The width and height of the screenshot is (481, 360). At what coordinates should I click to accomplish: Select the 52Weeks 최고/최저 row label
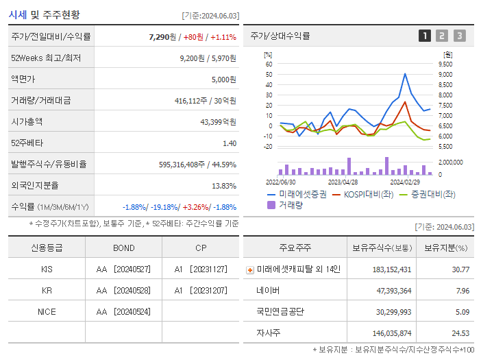click(x=46, y=58)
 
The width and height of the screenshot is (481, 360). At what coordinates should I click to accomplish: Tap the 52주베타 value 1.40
click(x=230, y=143)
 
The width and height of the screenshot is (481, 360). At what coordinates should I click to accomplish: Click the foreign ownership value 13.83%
click(x=224, y=186)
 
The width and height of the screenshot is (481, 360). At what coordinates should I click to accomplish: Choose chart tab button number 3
click(x=459, y=36)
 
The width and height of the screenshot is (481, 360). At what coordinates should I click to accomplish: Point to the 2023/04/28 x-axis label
click(x=343, y=182)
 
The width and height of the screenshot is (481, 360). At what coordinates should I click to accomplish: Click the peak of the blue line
click(x=405, y=74)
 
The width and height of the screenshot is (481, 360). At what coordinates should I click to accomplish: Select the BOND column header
click(x=123, y=248)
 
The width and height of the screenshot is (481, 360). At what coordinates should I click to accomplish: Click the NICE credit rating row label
click(x=47, y=311)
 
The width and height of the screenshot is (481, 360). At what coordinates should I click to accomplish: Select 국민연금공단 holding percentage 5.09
click(x=461, y=312)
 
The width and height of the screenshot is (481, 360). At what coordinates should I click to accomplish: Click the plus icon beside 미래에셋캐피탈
click(x=249, y=270)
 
